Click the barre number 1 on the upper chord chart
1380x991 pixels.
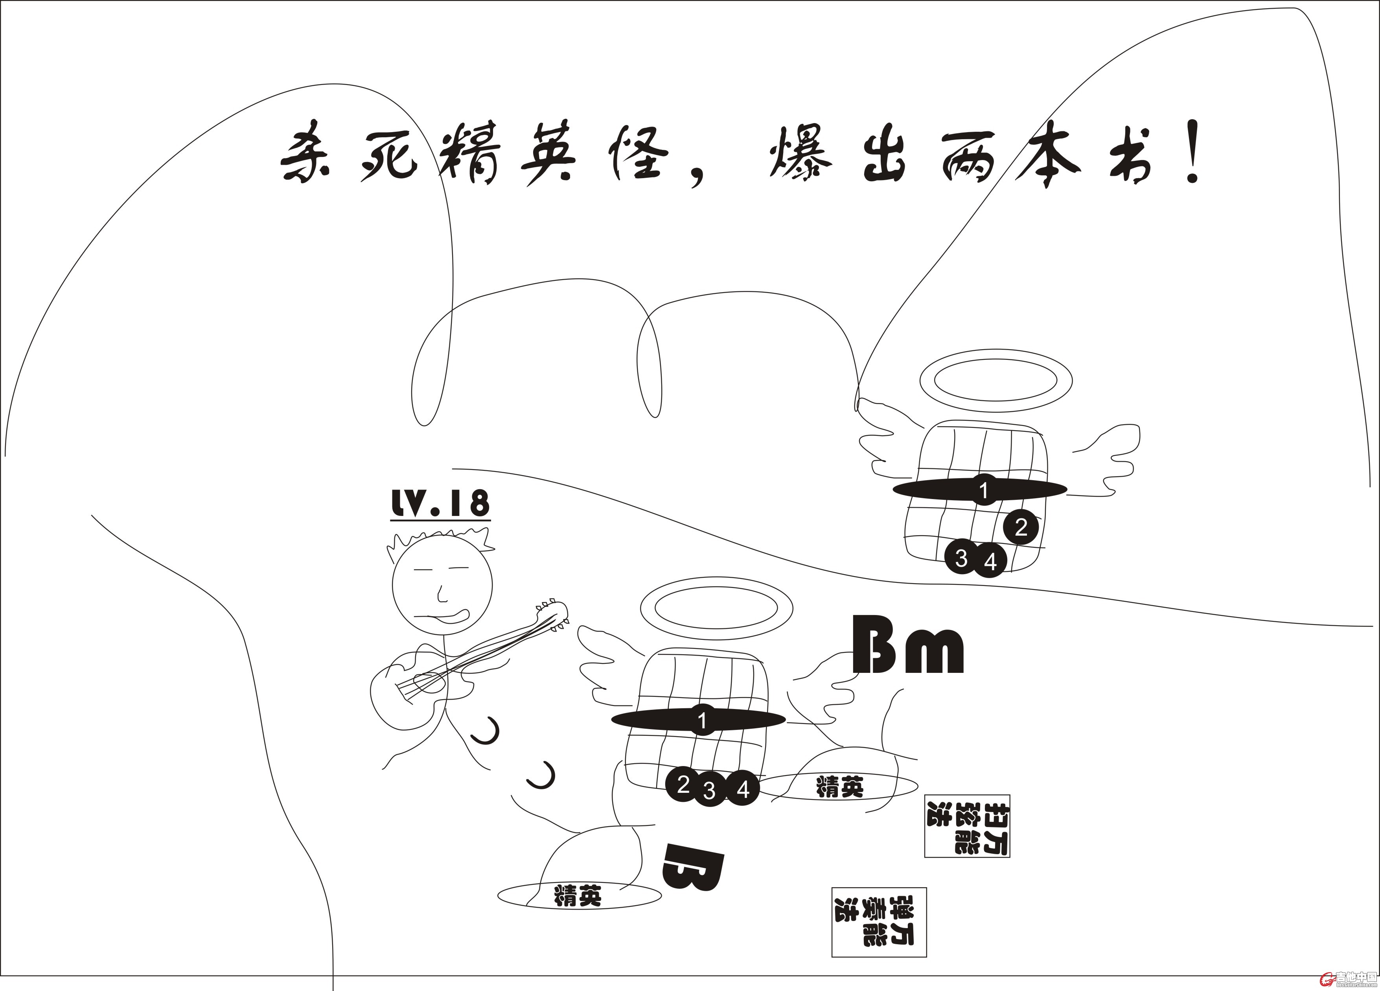pyautogui.click(x=984, y=490)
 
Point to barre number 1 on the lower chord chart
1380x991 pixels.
pyautogui.click(x=702, y=721)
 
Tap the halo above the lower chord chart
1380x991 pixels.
pyautogui.click(x=716, y=608)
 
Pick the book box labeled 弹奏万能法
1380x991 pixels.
pyautogui.click(x=879, y=922)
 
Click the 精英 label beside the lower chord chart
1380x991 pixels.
pyautogui.click(x=840, y=787)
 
